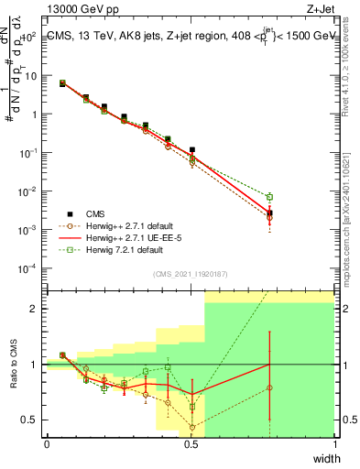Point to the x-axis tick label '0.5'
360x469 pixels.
click(x=191, y=444)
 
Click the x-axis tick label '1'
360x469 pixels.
click(x=334, y=444)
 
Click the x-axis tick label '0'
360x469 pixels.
click(x=47, y=444)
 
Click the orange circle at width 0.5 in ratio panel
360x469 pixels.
click(x=192, y=427)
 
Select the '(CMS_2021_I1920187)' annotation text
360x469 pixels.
click(x=190, y=273)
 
